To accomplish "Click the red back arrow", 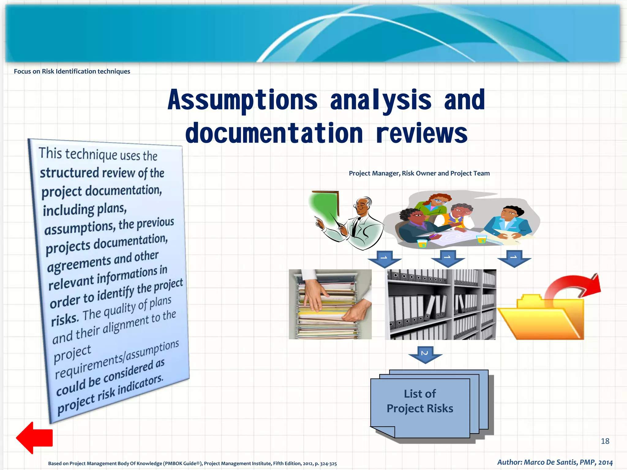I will pyautogui.click(x=34, y=438).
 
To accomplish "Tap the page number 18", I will pyautogui.click(x=605, y=441).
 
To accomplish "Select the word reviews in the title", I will pyautogui.click(x=422, y=133).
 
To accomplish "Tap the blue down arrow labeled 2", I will pyautogui.click(x=425, y=354).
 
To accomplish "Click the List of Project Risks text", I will pyautogui.click(x=420, y=401).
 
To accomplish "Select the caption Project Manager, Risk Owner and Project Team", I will pyautogui.click(x=419, y=173).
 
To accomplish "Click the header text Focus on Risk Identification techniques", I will pyautogui.click(x=72, y=71).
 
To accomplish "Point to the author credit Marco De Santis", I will pyautogui.click(x=555, y=462).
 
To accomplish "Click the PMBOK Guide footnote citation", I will pyautogui.click(x=192, y=463).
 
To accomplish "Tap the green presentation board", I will pyautogui.click(x=325, y=206).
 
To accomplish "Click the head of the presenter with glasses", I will pyautogui.click(x=363, y=206).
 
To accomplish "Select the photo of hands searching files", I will pyautogui.click(x=330, y=304).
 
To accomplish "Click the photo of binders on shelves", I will pyautogui.click(x=440, y=304).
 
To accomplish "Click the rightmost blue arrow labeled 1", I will pyautogui.click(x=514, y=258).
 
